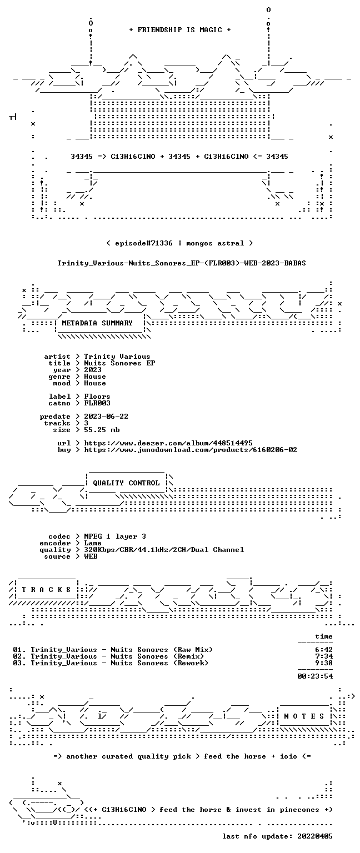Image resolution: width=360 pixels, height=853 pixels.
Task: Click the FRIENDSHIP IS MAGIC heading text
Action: pyautogui.click(x=180, y=29)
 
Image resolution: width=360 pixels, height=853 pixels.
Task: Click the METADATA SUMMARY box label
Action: pyautogui.click(x=97, y=323)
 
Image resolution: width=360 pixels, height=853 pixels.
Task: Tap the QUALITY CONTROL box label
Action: pyautogui.click(x=126, y=483)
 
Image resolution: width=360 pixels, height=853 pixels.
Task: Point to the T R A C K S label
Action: pyautogui.click(x=46, y=589)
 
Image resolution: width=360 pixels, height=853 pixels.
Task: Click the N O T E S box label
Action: pyautogui.click(x=304, y=716)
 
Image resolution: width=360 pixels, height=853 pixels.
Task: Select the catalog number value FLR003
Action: pyautogui.click(x=97, y=403)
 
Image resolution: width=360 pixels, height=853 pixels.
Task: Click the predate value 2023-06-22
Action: pyautogui.click(x=106, y=416)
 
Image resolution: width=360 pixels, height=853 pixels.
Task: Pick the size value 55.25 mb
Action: pyautogui.click(x=102, y=429)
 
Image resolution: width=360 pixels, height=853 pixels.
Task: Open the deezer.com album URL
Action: pyautogui.click(x=168, y=443)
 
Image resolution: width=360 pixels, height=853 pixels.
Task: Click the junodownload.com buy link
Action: pyautogui.click(x=191, y=450)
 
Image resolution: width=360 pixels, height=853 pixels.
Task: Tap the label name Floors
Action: pyautogui.click(x=97, y=397)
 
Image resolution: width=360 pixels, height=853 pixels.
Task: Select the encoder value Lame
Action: pyautogui.click(x=93, y=543)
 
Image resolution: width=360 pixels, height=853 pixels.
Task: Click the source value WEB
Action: pyautogui.click(x=91, y=556)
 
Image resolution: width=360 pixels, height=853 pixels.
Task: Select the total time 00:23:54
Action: pyautogui.click(x=315, y=676)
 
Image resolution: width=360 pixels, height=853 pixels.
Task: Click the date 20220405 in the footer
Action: pyautogui.click(x=315, y=836)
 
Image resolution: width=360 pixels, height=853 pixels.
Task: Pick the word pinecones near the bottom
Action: pyautogui.click(x=299, y=810)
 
